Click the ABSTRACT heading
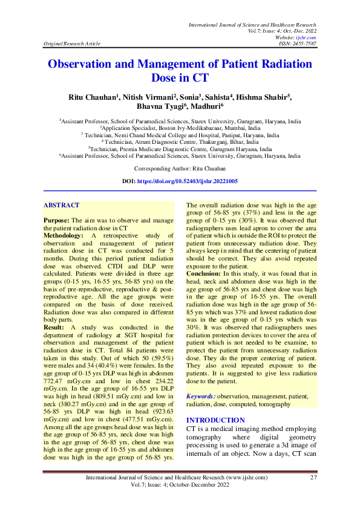61,206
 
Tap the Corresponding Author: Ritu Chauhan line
180,169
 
